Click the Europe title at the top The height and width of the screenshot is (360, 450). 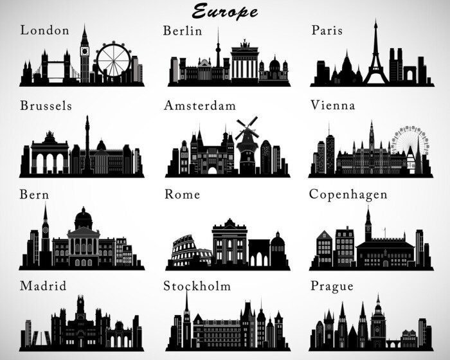(225, 11)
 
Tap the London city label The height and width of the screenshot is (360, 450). (44, 30)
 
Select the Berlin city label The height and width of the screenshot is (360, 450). (183, 30)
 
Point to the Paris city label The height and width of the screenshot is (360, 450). (327, 30)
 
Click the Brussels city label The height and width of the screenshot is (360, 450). (46, 105)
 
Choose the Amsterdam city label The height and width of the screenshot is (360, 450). (200, 105)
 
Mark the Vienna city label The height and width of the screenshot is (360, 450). (332, 105)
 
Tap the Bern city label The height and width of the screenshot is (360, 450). (35, 194)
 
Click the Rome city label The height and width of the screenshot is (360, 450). (182, 194)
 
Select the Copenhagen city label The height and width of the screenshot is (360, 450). (348, 194)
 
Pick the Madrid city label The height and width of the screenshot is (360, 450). (42, 285)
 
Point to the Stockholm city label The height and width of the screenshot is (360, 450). (197, 285)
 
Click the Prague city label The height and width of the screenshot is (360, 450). (332, 285)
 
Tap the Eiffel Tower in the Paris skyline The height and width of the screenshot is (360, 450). (376, 58)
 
